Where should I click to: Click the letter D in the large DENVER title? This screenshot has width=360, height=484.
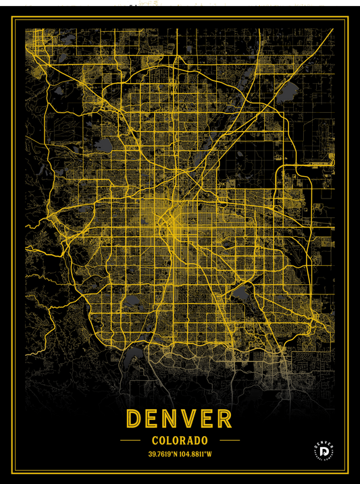tap(135, 419)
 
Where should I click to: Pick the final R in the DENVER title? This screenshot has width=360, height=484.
tap(224, 419)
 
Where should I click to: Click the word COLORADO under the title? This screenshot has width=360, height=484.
tap(180, 440)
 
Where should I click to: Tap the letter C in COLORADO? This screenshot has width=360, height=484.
tap(155, 440)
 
